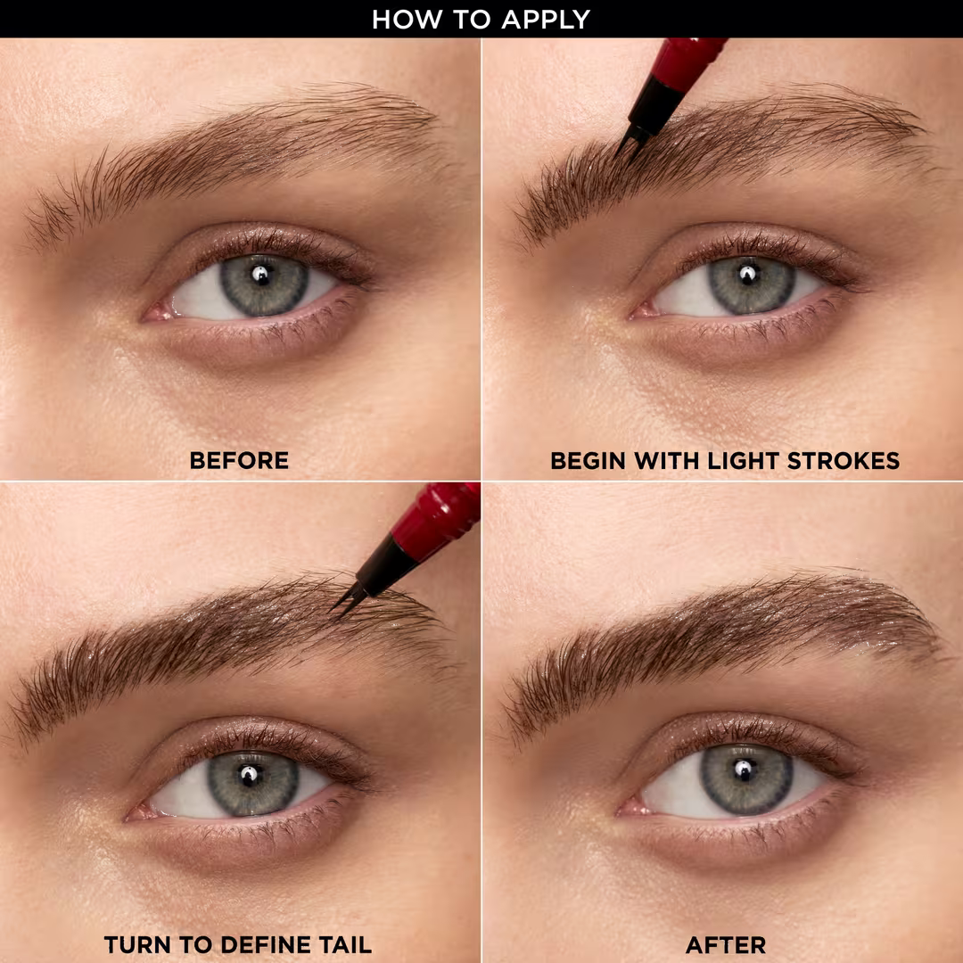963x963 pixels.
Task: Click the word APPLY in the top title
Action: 547,19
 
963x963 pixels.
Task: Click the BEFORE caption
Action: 239,461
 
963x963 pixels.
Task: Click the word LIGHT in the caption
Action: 705,461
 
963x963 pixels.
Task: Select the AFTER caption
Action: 726,944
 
